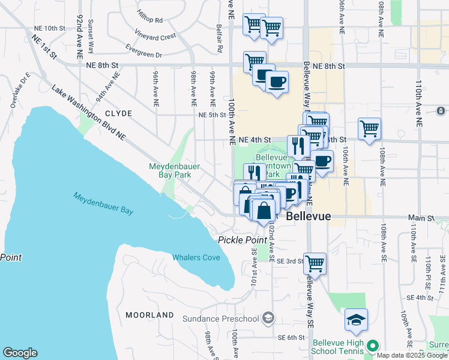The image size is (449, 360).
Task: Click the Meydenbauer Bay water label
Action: [x=103, y=203]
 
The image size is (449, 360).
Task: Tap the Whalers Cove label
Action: [x=196, y=257]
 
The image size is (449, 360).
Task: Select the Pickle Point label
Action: [x=243, y=240]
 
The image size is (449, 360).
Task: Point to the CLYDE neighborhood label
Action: [x=118, y=113]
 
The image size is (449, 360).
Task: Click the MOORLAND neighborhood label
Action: [x=149, y=314]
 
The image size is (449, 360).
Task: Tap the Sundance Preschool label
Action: [x=220, y=319]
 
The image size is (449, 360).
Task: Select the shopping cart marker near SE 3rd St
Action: [x=315, y=263]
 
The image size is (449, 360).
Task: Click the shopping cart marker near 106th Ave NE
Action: [x=369, y=128]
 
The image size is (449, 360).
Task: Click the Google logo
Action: [x=20, y=353]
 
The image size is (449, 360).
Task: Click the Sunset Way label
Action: [x=91, y=27]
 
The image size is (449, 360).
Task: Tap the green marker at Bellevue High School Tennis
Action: [x=372, y=346]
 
